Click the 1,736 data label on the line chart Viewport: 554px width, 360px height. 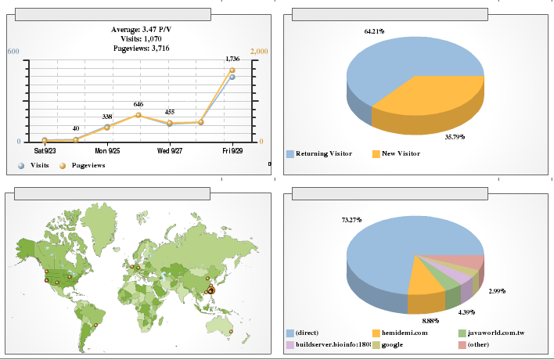click(232, 59)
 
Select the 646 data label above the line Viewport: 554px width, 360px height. click(138, 104)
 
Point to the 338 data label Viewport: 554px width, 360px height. click(107, 117)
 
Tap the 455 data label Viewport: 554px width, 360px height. click(170, 112)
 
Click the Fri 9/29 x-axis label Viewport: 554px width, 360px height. click(232, 149)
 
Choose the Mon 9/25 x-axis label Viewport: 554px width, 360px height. click(107, 149)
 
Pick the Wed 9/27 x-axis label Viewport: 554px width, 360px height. click(169, 149)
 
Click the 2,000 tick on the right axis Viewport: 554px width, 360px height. click(258, 52)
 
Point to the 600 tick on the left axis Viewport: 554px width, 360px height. click(13, 52)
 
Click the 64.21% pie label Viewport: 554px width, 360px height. click(374, 31)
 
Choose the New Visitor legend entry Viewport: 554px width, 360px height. click(400, 153)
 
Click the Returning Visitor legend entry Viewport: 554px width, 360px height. click(324, 153)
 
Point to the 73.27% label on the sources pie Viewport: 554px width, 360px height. click(351, 220)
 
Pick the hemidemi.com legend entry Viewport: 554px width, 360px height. click(405, 333)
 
